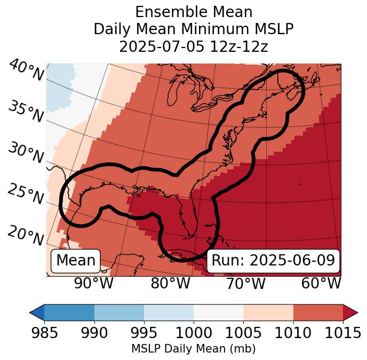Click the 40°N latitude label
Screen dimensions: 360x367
click(26, 71)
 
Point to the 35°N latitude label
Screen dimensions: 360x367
click(26, 111)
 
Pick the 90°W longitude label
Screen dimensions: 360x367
click(93, 284)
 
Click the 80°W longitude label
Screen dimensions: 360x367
click(170, 284)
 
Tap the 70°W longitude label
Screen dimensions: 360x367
click(245, 284)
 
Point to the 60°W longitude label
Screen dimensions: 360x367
click(321, 284)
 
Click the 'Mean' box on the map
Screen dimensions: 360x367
click(76, 261)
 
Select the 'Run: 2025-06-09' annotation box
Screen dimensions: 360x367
click(273, 261)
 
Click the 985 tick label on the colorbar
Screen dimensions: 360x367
click(44, 333)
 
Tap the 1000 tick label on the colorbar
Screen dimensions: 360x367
click(194, 333)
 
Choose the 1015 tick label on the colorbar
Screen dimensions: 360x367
click(343, 333)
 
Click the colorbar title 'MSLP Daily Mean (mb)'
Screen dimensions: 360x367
click(193, 349)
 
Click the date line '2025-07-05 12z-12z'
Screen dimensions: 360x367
click(194, 46)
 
